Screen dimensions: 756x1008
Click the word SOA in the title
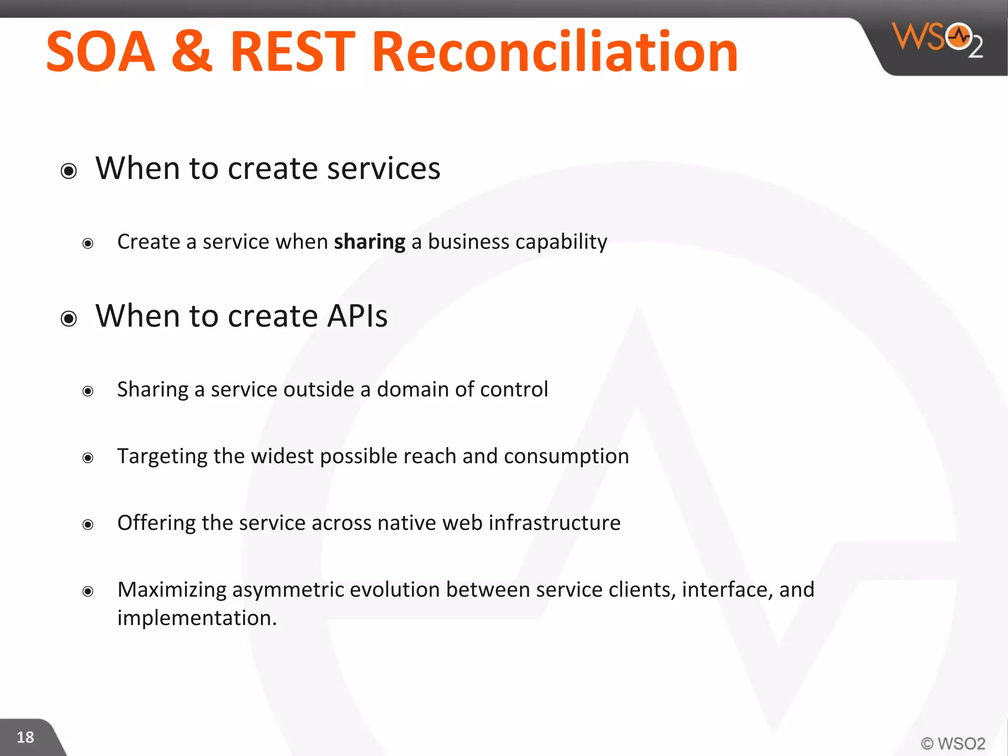tap(100, 52)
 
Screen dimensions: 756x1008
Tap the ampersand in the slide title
tap(192, 52)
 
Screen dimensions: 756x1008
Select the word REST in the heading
tap(292, 52)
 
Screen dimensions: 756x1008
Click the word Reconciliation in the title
tap(555, 52)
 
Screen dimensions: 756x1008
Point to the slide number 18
tap(25, 737)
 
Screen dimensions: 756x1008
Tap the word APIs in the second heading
tap(357, 316)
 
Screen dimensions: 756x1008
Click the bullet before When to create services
tap(69, 171)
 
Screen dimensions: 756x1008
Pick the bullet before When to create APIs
tap(69, 318)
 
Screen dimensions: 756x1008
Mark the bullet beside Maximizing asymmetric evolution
tap(88, 591)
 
